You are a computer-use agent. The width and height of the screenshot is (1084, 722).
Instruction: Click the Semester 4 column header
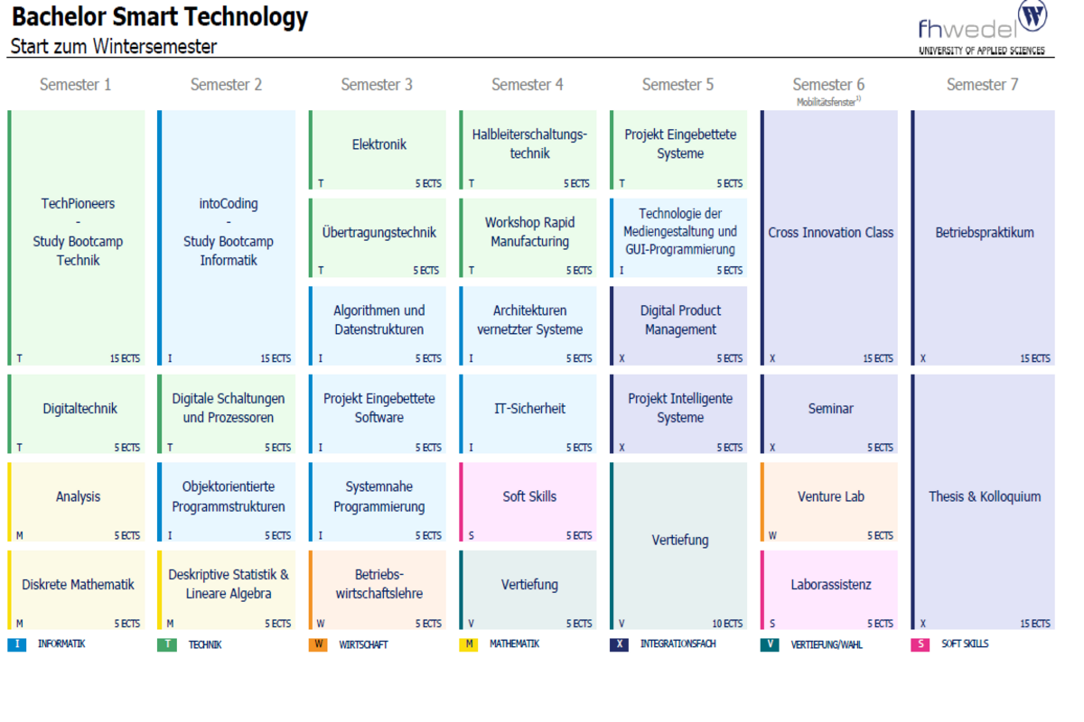[527, 85]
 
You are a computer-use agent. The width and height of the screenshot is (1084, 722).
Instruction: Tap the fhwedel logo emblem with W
[1033, 15]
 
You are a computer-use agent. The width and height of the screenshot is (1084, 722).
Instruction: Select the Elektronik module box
[378, 150]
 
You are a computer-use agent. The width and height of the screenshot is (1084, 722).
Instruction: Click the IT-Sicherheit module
[528, 414]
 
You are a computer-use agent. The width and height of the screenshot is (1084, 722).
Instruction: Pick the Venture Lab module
[829, 502]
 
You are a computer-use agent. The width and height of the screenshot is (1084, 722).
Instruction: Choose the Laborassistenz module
[829, 590]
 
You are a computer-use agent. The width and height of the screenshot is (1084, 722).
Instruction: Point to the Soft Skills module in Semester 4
[528, 502]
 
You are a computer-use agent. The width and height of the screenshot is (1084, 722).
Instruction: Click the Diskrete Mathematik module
[76, 590]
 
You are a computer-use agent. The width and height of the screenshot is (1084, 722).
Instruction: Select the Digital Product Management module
[678, 326]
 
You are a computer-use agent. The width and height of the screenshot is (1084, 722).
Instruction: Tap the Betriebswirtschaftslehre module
[378, 590]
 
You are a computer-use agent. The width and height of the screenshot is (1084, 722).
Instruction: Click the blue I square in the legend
[17, 644]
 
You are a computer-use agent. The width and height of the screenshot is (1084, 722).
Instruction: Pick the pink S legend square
[920, 644]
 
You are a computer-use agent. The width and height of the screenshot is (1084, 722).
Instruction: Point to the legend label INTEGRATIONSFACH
[678, 644]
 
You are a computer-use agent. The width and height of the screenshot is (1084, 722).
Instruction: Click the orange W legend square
[318, 644]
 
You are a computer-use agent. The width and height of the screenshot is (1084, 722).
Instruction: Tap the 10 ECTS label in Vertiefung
[727, 624]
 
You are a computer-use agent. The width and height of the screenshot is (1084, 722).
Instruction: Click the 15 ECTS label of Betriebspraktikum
[1035, 359]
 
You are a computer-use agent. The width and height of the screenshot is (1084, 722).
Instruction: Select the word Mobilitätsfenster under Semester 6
[826, 102]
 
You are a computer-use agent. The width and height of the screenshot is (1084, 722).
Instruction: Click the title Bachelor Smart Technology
[160, 17]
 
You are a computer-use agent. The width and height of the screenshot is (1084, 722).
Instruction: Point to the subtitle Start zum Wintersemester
[114, 47]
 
